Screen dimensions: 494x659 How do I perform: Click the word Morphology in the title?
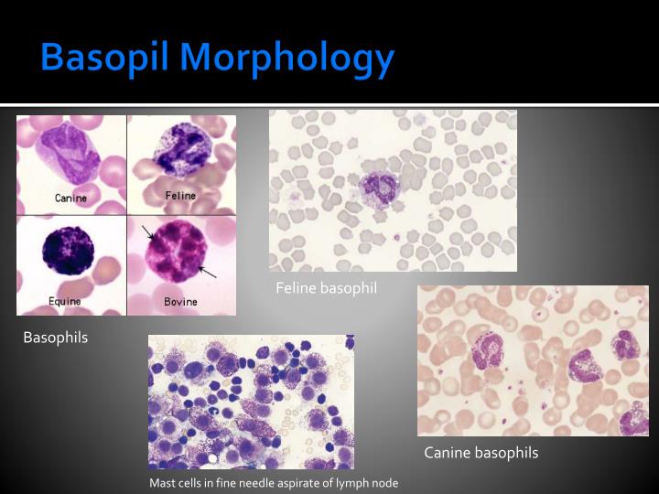point(287,59)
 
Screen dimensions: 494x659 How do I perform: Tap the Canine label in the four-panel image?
point(70,198)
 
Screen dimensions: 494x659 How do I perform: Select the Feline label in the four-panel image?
point(179,195)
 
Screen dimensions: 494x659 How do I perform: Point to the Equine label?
point(64,301)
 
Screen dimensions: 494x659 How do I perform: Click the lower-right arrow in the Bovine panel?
point(209,272)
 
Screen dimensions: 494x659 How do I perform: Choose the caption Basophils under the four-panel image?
point(56,338)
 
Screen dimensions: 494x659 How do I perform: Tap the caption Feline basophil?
point(327,289)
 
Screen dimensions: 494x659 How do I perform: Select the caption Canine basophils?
point(481,453)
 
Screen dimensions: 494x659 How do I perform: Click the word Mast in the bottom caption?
point(162,483)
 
